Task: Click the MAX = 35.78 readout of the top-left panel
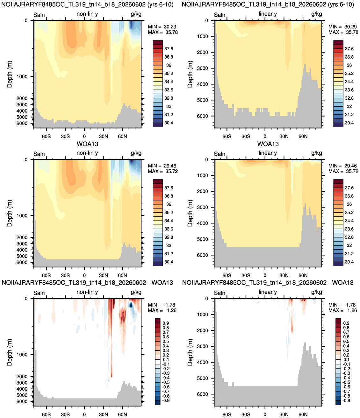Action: coord(163,32)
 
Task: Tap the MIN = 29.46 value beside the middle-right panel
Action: coord(343,166)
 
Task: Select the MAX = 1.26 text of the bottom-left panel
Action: coord(162,310)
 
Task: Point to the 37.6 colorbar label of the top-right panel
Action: coord(349,49)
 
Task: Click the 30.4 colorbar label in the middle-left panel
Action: coord(169,262)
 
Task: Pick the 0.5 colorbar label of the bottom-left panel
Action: coord(166,341)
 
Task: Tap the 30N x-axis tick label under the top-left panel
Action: coord(104,136)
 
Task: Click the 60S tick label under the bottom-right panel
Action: coord(227,414)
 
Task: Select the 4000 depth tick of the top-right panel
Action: coord(202,84)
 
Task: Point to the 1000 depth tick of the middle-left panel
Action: coord(22,216)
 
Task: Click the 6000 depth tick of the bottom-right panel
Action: coord(202,394)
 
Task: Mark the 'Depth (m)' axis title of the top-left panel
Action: coord(9,74)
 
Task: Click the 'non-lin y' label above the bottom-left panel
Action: coord(87,292)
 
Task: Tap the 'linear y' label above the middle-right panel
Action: coord(268,153)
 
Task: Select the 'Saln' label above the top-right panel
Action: coord(220,15)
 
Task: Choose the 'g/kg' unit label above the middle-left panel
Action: coord(136,153)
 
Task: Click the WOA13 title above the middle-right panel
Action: coord(268,144)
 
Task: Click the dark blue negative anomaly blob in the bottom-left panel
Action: coord(131,305)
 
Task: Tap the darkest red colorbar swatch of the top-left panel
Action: coord(158,42)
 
